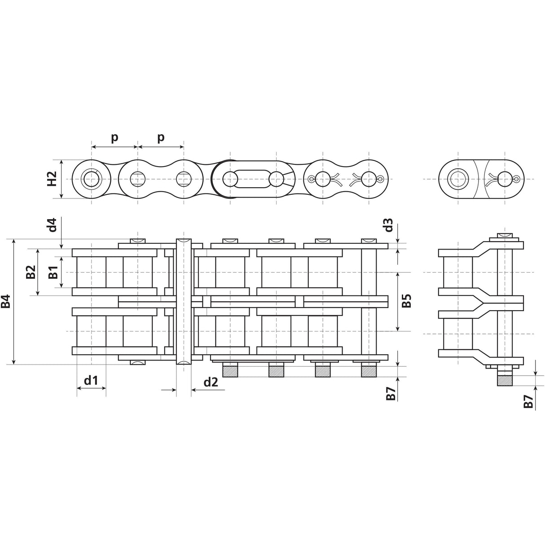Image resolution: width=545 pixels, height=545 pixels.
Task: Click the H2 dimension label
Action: [52, 179]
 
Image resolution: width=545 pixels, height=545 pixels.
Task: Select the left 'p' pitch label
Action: [114, 137]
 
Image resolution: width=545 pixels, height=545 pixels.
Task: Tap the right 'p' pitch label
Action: [161, 137]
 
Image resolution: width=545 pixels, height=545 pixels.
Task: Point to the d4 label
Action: [53, 224]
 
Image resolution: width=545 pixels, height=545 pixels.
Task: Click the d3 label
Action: [388, 224]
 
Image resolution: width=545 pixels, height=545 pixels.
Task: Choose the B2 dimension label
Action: [31, 272]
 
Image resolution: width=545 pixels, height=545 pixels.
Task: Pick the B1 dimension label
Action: [53, 272]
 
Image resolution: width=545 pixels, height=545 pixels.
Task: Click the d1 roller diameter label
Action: [91, 381]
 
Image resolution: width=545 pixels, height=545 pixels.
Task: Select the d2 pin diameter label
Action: [211, 382]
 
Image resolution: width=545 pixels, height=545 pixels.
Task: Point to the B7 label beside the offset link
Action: [529, 402]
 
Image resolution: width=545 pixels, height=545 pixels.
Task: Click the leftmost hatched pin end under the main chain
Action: [230, 371]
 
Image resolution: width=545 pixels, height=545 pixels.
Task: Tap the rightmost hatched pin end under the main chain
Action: [369, 371]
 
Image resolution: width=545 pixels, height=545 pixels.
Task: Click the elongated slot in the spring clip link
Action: [253, 179]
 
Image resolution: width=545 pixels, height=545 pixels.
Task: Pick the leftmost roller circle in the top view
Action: [92, 179]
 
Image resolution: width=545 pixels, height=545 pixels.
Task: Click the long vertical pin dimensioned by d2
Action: [184, 301]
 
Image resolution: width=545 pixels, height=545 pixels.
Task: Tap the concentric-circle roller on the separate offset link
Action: [458, 179]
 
